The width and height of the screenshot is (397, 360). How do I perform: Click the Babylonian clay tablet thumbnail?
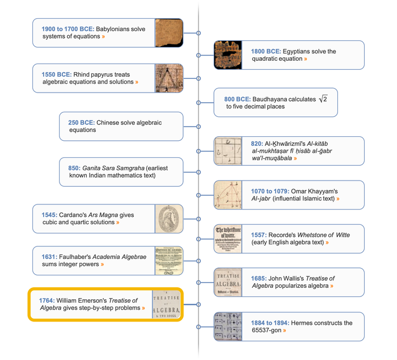169,33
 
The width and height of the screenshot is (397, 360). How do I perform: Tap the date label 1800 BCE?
265,52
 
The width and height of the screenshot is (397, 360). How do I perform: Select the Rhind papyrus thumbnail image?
169,78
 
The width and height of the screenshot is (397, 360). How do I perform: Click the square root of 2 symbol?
323,99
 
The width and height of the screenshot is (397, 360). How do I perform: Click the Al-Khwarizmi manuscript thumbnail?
228,151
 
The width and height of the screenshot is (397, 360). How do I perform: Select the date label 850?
74,168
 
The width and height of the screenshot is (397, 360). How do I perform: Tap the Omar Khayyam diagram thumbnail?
228,195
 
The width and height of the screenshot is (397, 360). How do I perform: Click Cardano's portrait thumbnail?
169,219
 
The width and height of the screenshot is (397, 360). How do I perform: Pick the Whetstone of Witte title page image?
228,238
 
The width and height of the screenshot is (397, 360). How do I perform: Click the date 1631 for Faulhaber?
49,257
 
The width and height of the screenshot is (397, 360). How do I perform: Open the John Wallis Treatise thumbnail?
228,282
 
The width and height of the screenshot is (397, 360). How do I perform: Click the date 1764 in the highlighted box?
47,300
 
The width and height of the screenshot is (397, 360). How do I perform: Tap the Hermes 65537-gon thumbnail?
228,326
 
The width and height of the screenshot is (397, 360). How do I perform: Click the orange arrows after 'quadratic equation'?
306,59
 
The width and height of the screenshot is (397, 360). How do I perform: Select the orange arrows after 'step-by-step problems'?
143,308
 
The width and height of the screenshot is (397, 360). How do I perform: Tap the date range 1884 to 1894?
270,323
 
